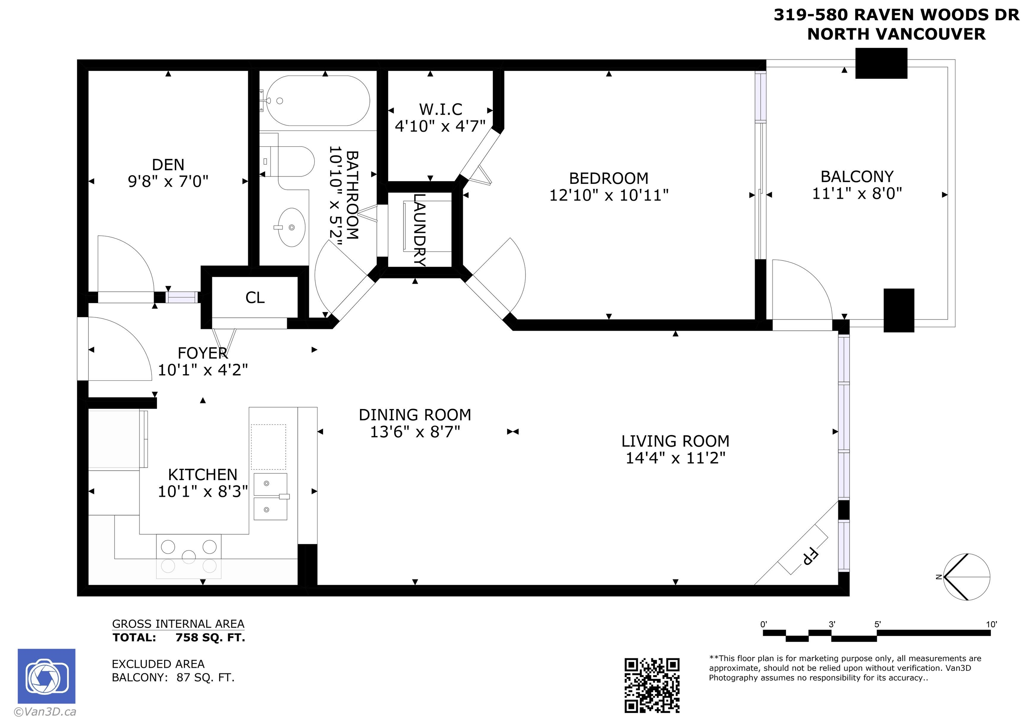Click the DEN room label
pos(168,165)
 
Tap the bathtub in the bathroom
pos(318,101)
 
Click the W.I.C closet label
pos(441,109)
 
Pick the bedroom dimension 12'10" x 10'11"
pos(609,195)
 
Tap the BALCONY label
pos(857,176)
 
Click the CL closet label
pos(255,297)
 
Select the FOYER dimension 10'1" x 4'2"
pos(203,370)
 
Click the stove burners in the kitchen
pos(189,556)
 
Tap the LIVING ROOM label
pos(675,441)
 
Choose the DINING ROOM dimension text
pos(415,432)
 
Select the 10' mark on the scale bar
pos(991,624)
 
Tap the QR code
pos(652,685)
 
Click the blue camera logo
pos(47,676)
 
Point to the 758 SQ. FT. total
pos(211,637)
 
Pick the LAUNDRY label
pos(419,230)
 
